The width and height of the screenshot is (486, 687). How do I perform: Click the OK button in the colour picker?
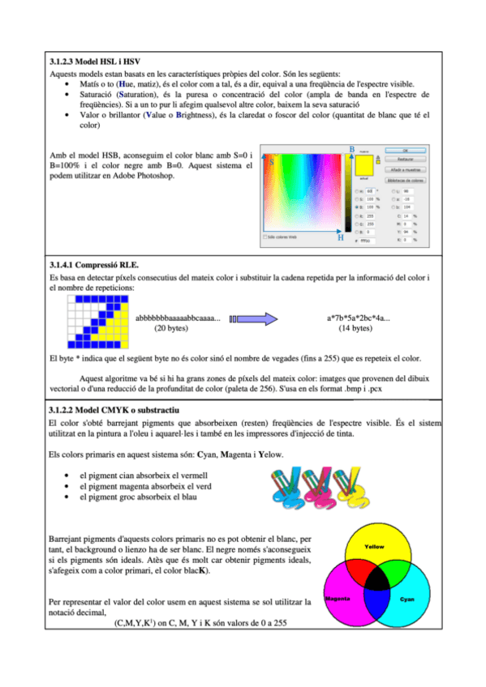403,151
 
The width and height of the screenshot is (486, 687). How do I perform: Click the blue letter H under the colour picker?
340,238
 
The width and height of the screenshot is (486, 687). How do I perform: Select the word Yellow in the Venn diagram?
374,548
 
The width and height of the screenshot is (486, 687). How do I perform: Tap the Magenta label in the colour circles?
337,598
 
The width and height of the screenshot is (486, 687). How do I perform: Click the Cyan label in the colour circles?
407,599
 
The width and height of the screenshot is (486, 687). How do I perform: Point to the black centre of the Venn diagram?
373,580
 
